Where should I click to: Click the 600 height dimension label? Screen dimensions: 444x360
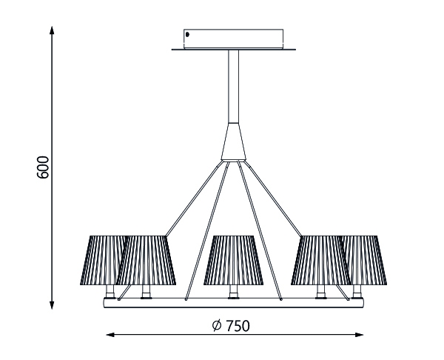pos(43,167)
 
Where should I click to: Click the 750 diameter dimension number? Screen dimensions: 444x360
pos(238,326)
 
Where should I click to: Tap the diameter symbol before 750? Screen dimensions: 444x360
pos(217,325)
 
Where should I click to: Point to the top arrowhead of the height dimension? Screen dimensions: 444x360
pos(52,30)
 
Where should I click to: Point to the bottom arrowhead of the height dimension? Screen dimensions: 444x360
pos(52,305)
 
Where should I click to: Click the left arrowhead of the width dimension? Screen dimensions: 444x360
pos(110,335)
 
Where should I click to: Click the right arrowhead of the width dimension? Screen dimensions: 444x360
pos(359,335)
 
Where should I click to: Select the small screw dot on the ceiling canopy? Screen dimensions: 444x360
pos(187,35)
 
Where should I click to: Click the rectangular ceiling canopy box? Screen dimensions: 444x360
pos(233,39)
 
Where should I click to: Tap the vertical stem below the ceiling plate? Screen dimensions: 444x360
pos(233,87)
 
